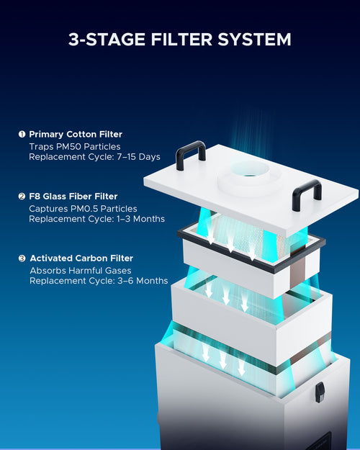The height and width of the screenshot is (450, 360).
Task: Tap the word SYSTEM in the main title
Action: pos(256,39)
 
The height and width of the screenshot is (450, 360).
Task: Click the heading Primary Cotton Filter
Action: pos(76,134)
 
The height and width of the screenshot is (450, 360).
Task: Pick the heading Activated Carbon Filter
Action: pos(81,258)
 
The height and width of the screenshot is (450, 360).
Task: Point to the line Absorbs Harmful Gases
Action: pos(80,270)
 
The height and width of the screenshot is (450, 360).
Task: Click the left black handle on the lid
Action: pos(191,154)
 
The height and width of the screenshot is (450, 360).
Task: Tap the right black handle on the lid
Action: pos(306,194)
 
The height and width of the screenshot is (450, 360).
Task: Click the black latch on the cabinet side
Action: pos(320,392)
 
